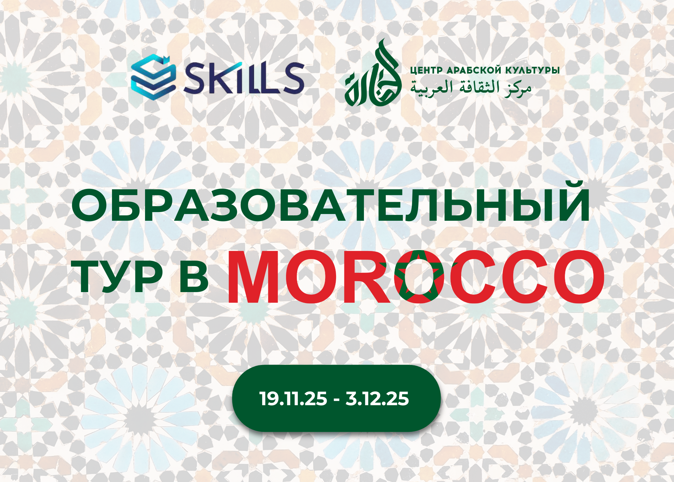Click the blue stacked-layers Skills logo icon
153,77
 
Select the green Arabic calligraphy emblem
373,73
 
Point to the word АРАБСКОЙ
474,70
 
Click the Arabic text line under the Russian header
471,88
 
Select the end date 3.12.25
377,399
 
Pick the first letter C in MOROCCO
471,277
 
